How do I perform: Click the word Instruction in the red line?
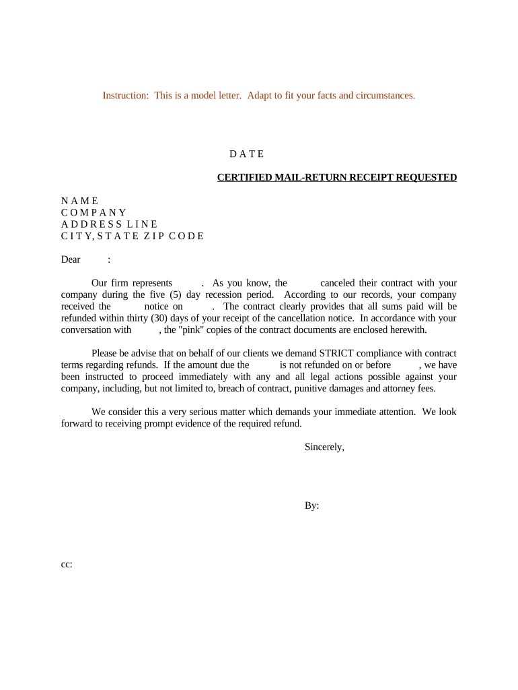[x=125, y=96]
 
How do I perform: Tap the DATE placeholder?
[x=247, y=154]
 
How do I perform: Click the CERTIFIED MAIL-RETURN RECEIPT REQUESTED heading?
[x=336, y=177]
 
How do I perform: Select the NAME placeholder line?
[x=79, y=201]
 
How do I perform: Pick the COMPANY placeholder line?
[x=94, y=212]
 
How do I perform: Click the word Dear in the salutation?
[x=71, y=259]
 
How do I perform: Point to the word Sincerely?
[x=324, y=447]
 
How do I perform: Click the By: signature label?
[x=311, y=505]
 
